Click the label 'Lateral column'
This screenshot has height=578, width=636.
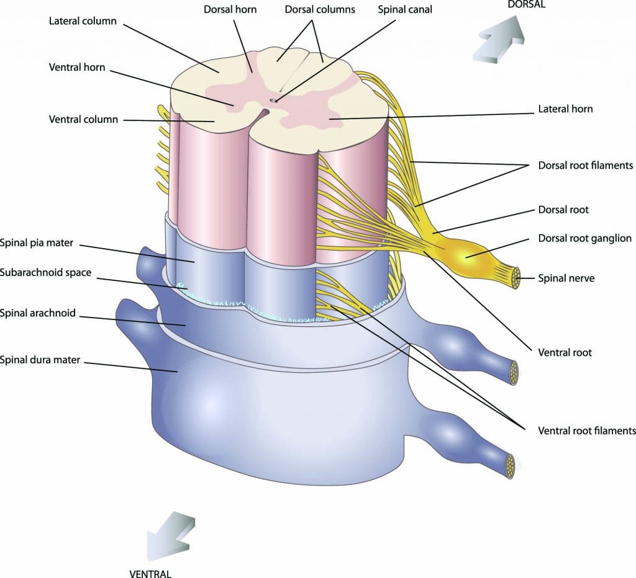click(82, 21)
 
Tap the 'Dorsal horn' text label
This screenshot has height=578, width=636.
click(230, 10)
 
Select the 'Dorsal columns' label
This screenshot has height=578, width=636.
click(320, 10)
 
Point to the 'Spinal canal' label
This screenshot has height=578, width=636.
click(405, 10)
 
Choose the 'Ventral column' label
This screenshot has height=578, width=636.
click(83, 119)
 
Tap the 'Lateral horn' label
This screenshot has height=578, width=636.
click(565, 109)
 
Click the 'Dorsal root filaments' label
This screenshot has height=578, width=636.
click(585, 166)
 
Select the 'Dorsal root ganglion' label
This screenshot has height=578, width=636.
click(584, 238)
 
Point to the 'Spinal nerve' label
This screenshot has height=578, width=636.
click(566, 278)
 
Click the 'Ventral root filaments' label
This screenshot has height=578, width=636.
click(586, 430)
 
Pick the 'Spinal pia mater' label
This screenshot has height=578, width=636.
click(37, 243)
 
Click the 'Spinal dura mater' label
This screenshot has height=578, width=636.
click(40, 359)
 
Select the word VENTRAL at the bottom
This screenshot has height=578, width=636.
click(150, 573)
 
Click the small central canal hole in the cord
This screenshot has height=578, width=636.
click(273, 99)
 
